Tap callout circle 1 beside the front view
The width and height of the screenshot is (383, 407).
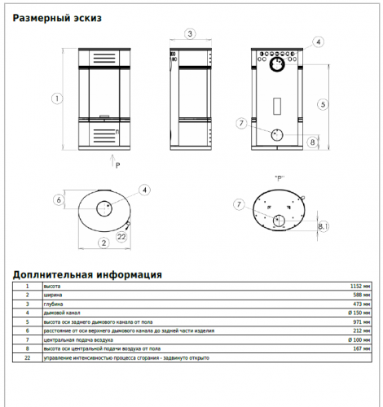pos(56,98)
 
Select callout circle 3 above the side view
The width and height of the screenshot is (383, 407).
pos(189,33)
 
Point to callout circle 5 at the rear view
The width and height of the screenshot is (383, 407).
pos(323,104)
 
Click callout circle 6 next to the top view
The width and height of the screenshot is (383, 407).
pos(59,199)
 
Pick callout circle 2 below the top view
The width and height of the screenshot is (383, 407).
pos(103,242)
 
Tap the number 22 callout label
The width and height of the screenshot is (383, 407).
pos(121,236)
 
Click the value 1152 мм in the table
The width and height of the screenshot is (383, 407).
pos(359,287)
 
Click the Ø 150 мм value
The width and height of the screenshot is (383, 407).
pos(358,312)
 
